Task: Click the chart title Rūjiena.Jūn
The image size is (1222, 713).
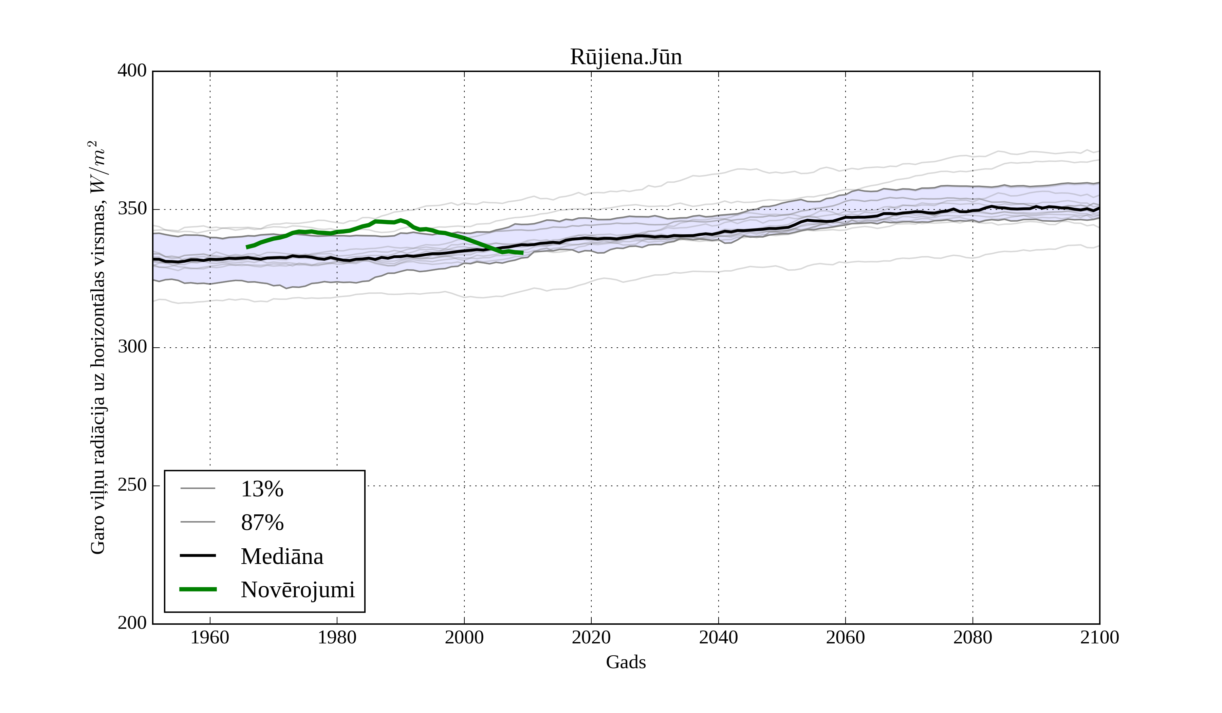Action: pyautogui.click(x=626, y=57)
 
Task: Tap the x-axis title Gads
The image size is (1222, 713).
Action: pyautogui.click(x=626, y=662)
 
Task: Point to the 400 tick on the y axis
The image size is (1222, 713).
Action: pyautogui.click(x=132, y=71)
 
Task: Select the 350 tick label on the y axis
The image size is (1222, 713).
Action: pyautogui.click(x=132, y=209)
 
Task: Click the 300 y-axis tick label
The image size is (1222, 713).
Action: pyautogui.click(x=132, y=347)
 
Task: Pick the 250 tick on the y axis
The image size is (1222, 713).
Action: pyautogui.click(x=132, y=486)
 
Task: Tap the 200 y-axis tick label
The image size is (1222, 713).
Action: pyautogui.click(x=132, y=623)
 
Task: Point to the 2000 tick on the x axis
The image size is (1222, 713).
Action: pyautogui.click(x=464, y=637)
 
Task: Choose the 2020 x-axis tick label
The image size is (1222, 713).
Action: pyautogui.click(x=591, y=637)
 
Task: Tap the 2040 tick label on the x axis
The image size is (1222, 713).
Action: pyautogui.click(x=718, y=637)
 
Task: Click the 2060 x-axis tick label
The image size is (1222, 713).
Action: pyautogui.click(x=845, y=637)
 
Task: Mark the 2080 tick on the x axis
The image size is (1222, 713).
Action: pyautogui.click(x=972, y=637)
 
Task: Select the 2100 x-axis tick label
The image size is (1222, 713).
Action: pyautogui.click(x=1099, y=637)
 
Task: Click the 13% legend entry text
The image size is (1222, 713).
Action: pyautogui.click(x=262, y=489)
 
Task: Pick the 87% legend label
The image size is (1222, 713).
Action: pyautogui.click(x=262, y=523)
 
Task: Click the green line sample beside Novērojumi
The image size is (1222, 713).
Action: pyautogui.click(x=198, y=589)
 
